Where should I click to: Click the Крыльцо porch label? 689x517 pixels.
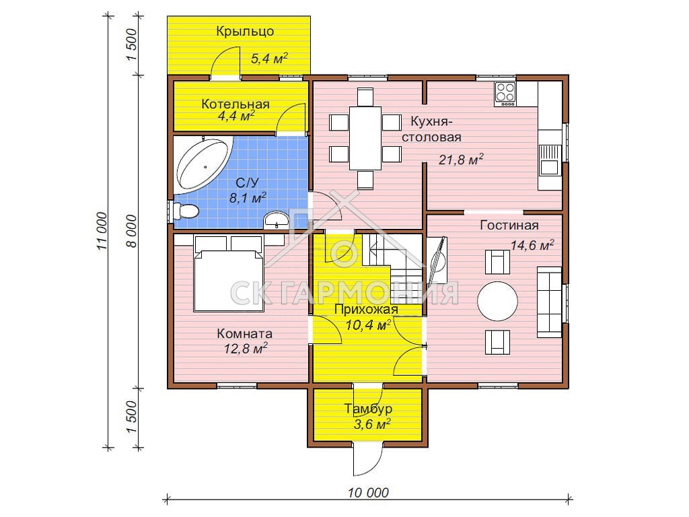(245, 32)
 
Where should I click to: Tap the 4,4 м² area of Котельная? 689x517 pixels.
(236, 116)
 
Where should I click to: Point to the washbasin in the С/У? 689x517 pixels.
(277, 219)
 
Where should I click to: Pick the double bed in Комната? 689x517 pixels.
(229, 274)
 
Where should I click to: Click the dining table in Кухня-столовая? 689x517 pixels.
(365, 138)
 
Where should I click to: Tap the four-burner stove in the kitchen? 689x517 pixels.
(505, 94)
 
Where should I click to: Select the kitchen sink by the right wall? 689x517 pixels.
(550, 160)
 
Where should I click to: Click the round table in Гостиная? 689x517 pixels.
(497, 302)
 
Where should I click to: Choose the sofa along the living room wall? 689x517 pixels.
(549, 302)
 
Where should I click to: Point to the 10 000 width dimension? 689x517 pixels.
(368, 493)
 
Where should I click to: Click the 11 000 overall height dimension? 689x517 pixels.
(102, 231)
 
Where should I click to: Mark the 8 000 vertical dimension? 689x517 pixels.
(133, 232)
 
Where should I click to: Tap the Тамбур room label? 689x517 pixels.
(368, 409)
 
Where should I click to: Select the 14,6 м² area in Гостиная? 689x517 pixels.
(532, 244)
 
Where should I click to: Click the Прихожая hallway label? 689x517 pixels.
(366, 310)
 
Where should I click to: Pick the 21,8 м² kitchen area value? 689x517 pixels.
(461, 159)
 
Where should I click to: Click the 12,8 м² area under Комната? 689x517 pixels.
(246, 349)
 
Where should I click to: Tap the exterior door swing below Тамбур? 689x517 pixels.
(367, 460)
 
